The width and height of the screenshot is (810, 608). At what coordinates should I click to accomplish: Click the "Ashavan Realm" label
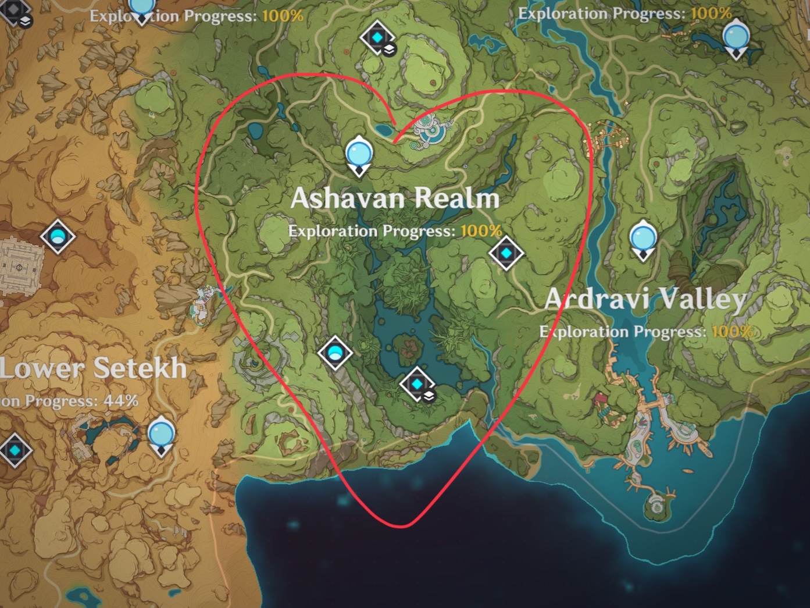395,198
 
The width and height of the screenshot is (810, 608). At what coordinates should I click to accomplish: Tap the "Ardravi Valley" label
645,299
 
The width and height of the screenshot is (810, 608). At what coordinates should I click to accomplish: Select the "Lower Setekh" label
93,368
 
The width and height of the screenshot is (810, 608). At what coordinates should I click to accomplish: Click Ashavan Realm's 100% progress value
481,231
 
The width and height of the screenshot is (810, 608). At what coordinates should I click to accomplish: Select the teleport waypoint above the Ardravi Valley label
643,239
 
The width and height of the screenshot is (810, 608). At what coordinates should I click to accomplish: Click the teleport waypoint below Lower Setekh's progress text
161,435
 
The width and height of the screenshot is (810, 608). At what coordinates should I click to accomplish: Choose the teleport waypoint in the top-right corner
736,37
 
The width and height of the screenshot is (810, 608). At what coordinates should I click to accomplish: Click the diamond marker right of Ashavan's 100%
506,253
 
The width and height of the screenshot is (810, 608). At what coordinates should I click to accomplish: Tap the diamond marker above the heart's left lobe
377,38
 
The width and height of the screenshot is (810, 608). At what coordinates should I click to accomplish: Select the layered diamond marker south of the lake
417,385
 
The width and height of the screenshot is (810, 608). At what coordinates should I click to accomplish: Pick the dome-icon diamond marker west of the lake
336,353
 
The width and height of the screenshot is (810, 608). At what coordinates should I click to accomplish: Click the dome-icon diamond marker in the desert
58,236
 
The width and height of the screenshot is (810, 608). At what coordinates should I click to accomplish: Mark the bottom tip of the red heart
401,526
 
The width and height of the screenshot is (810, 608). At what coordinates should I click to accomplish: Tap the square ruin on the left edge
20,267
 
